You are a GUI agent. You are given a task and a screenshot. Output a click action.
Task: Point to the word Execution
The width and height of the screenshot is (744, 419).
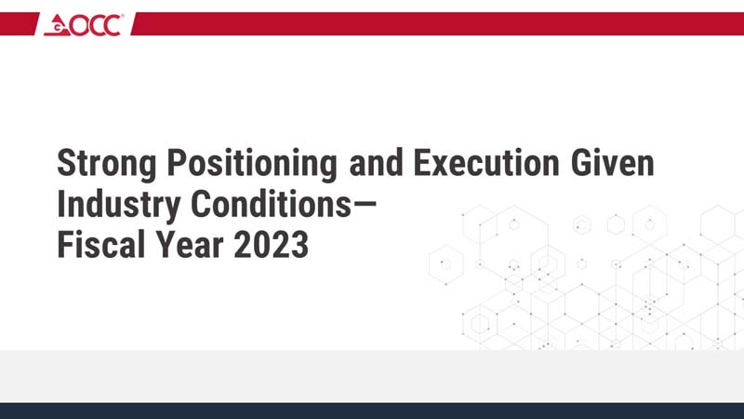[x=487, y=164]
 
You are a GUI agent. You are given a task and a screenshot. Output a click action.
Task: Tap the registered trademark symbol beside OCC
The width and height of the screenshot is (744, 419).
[x=122, y=17]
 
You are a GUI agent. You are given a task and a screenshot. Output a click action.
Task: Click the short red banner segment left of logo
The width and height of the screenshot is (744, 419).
[x=18, y=23]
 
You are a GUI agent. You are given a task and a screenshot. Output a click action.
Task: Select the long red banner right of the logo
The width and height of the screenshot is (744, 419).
[x=437, y=23]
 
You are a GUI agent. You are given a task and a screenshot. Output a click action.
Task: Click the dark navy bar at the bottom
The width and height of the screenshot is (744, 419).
[x=372, y=411]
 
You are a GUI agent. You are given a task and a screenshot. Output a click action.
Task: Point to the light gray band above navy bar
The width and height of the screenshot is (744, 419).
[x=372, y=376]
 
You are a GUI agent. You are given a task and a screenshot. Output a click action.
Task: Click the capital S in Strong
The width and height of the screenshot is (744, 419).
[x=66, y=164]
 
